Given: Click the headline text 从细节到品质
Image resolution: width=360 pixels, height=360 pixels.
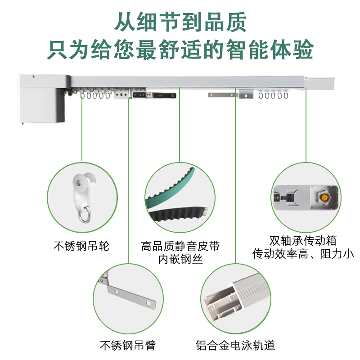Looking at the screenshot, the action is click(180, 22).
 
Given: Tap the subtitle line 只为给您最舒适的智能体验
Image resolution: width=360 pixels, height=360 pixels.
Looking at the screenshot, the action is click(180, 49).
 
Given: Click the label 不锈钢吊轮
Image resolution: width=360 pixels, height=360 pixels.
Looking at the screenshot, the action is click(82, 246).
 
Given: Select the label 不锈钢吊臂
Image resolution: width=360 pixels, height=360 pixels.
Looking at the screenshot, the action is click(128, 345).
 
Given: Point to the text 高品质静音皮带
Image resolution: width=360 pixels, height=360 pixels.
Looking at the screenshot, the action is click(180, 246).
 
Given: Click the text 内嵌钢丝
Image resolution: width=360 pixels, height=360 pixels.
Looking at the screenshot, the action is click(180, 259).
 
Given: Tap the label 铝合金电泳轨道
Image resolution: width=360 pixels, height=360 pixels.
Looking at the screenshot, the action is click(235, 345).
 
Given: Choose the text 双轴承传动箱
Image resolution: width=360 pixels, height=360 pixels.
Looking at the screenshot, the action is click(303, 240).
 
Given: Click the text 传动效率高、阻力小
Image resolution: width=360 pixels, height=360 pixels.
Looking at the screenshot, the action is click(303, 253).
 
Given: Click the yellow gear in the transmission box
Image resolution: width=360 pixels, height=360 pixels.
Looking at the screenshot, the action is click(324, 197).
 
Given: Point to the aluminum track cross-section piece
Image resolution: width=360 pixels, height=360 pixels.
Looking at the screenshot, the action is click(237, 297).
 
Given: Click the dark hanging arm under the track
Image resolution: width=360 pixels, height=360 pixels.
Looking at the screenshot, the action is click(154, 94).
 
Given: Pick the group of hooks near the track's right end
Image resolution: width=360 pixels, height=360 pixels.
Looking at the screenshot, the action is click(273, 94).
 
